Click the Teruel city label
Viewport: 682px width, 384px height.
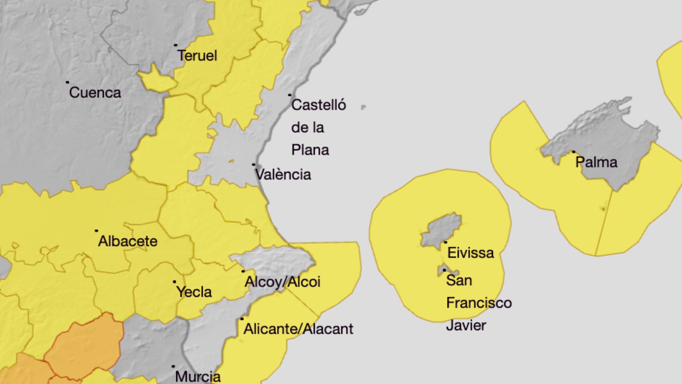[x=197, y=56]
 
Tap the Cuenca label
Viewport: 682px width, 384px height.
[x=95, y=92]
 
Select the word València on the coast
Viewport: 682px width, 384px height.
[x=283, y=175]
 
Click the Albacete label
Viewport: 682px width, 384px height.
[x=128, y=241]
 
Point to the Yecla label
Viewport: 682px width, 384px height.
[x=194, y=292]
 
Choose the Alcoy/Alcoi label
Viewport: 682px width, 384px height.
[x=282, y=282]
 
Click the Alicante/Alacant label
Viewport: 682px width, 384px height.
[x=298, y=329]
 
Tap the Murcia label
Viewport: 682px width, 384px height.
[x=198, y=376]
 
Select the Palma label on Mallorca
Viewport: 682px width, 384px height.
[x=596, y=162]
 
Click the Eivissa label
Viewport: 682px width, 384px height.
[x=471, y=253]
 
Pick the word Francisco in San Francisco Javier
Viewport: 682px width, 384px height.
[x=479, y=303]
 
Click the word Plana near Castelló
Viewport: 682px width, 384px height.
[x=310, y=150]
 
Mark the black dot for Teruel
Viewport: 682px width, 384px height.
[x=175, y=45]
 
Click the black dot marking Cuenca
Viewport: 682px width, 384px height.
[x=67, y=82]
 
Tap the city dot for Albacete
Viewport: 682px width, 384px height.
[x=97, y=230]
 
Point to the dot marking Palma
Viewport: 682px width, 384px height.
[x=574, y=152]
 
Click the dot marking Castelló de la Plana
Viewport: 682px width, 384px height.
[x=290, y=95]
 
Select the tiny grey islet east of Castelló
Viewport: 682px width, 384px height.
[x=363, y=107]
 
